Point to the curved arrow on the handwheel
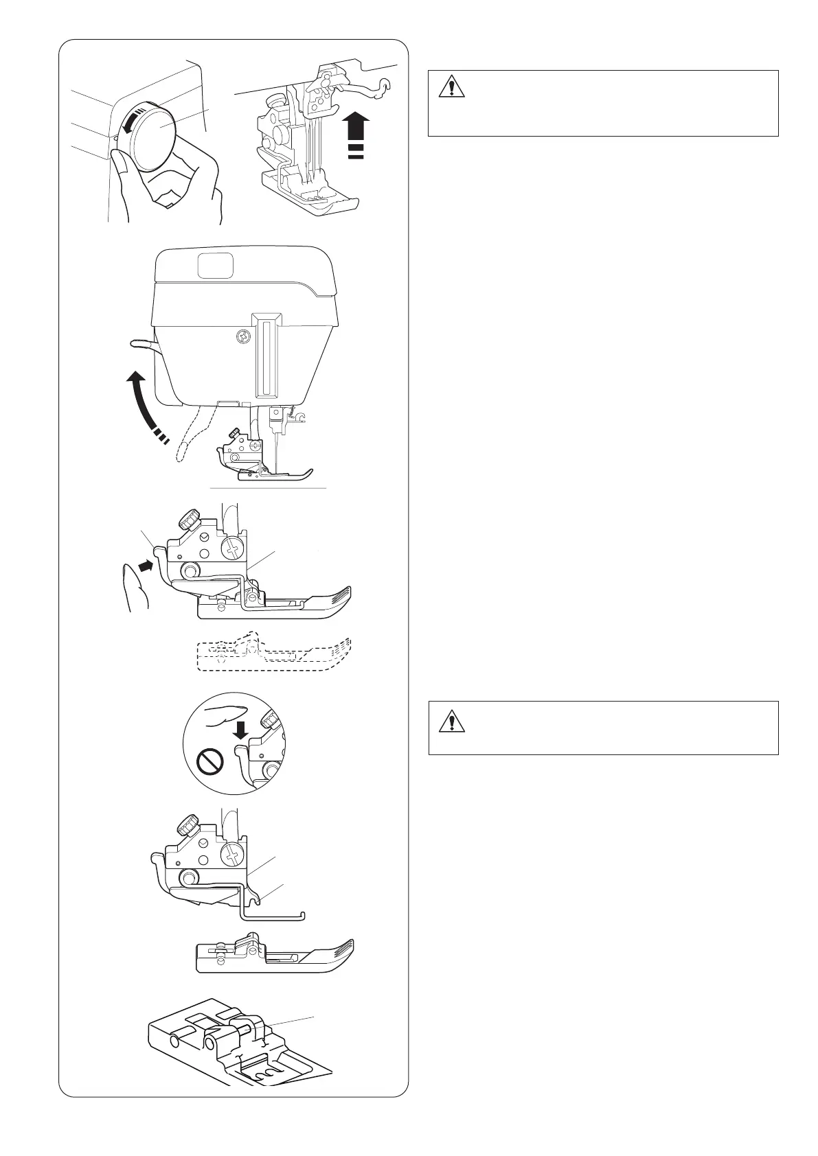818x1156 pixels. tap(130, 122)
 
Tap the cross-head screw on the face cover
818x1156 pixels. tap(242, 336)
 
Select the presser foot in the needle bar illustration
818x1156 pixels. tap(309, 193)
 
